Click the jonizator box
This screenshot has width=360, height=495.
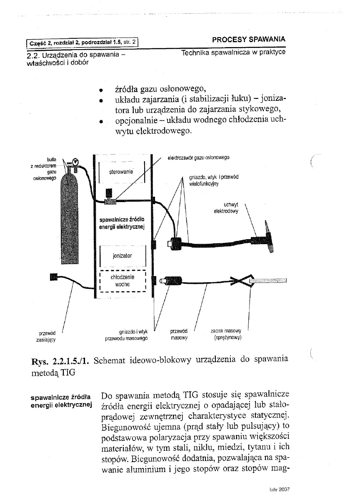122,257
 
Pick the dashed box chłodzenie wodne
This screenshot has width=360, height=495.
122,280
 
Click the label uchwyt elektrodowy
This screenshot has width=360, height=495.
225,209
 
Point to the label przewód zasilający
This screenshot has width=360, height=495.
46,336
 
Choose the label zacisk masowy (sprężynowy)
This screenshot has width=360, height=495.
226,335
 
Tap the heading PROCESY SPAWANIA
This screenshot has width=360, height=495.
248,39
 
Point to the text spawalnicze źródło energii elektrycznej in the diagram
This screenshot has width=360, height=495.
121,223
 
